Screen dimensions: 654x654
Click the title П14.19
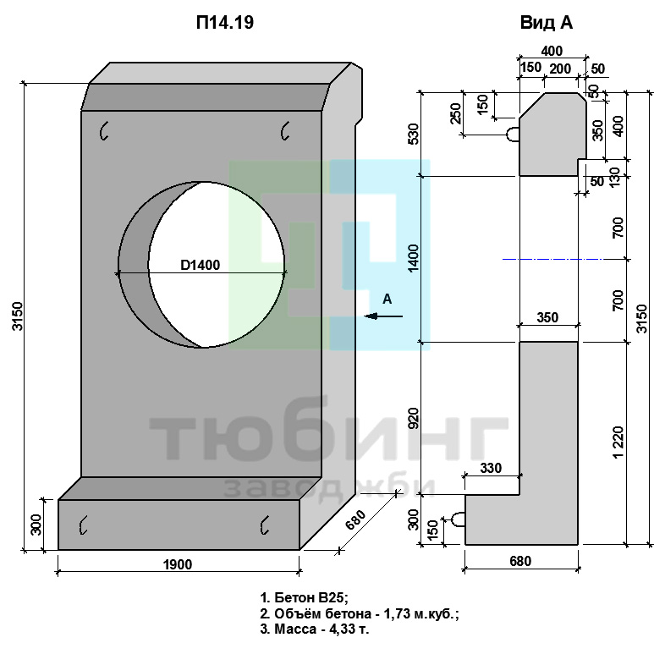tap(225, 23)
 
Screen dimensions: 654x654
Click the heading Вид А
tap(547, 23)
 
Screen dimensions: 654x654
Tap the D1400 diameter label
tap(201, 265)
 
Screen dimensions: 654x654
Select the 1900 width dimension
tap(178, 564)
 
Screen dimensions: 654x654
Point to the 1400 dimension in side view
tap(414, 259)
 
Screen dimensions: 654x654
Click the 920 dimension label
tap(414, 418)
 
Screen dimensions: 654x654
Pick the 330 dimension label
tap(491, 468)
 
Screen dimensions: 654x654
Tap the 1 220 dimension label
tap(618, 442)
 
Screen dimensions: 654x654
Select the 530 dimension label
tap(414, 134)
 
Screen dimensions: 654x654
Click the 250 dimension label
tap(457, 113)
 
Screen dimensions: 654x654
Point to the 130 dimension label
tap(615, 178)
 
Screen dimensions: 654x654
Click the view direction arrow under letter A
tap(383, 316)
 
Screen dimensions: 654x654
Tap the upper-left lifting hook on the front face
tap(104, 130)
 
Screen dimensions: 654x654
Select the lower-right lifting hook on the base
tap(265, 525)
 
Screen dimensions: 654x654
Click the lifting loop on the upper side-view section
tap(513, 135)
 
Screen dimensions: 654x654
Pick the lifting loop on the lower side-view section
tap(459, 519)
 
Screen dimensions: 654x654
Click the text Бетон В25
tap(311, 597)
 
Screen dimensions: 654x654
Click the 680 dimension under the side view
tap(520, 561)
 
